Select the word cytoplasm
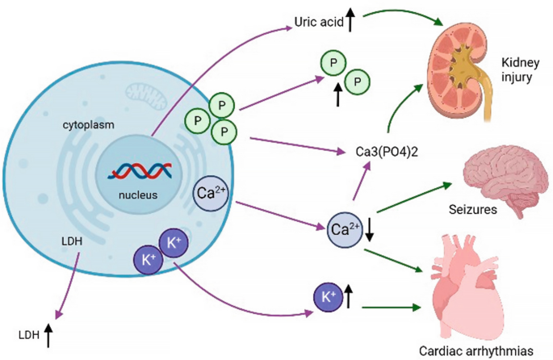click(88, 126)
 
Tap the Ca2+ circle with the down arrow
click(344, 229)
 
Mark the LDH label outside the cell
click(28, 333)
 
